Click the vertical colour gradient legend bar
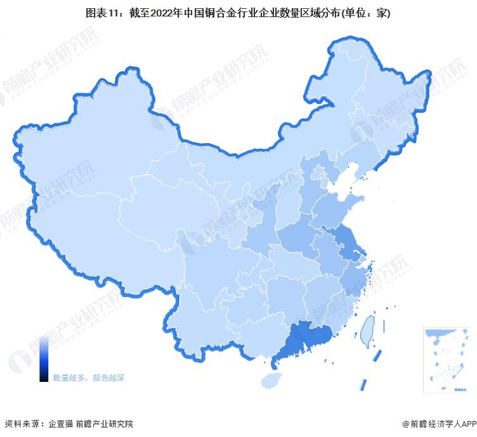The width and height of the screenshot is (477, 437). click(44, 361)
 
